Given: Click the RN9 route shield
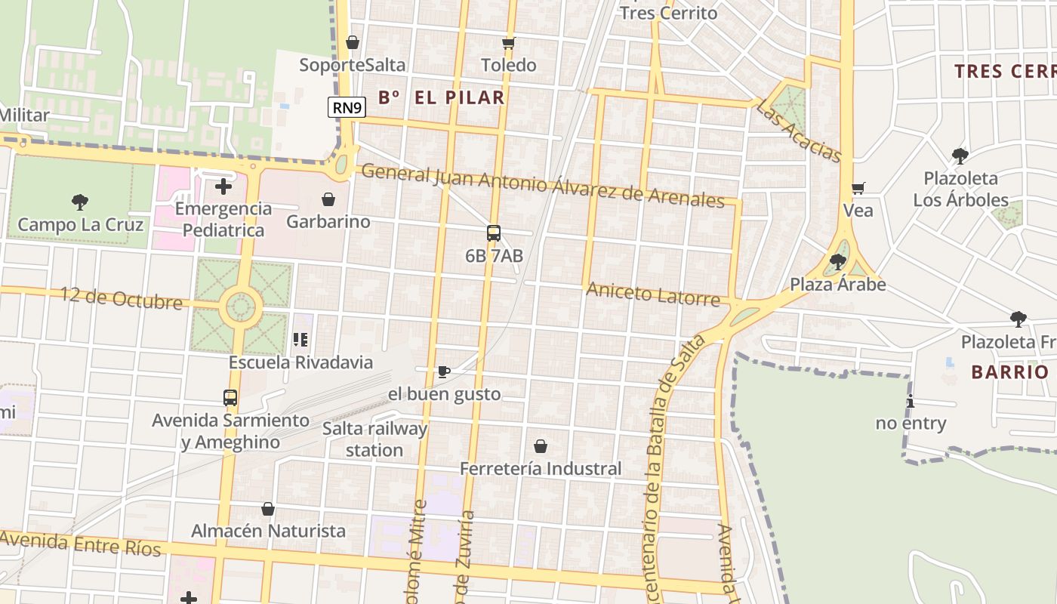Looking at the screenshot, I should [x=347, y=107].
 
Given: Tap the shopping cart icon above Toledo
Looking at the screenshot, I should [x=509, y=43].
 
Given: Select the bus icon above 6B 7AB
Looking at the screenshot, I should [x=494, y=233].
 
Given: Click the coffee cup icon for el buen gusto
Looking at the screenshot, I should [x=444, y=371].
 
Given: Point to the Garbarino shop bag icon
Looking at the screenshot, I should [x=328, y=199].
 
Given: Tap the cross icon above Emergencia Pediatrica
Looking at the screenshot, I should [x=223, y=186].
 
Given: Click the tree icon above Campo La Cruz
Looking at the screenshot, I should [x=80, y=202].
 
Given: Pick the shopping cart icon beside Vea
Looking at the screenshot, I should [x=858, y=188].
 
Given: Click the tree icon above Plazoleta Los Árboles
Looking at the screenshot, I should [x=960, y=156].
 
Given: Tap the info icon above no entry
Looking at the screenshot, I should [x=911, y=401].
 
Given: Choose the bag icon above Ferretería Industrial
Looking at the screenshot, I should [x=541, y=446].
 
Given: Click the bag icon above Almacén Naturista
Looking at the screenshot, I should [x=268, y=509].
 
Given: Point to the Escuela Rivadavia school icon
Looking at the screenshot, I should [x=300, y=340].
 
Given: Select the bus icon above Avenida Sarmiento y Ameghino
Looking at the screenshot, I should [x=230, y=397].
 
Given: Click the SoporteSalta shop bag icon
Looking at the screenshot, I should [x=353, y=42].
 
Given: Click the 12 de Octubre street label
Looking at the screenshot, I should [x=122, y=298].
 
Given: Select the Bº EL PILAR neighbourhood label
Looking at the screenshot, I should [x=442, y=97].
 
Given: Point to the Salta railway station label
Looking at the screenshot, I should [x=374, y=439].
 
